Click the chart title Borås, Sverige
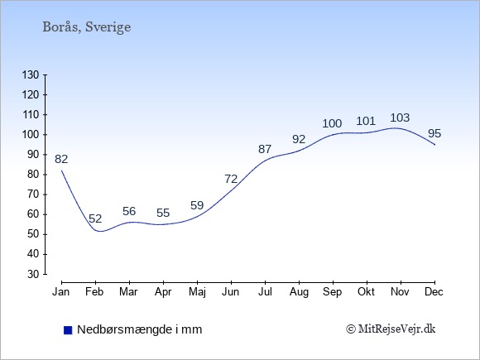pyautogui.click(x=87, y=27)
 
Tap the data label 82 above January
pyautogui.click(x=61, y=159)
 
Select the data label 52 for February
pyautogui.click(x=95, y=218)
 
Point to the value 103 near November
pyautogui.click(x=400, y=118)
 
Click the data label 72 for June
pyautogui.click(x=231, y=179)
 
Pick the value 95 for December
pyautogui.click(x=434, y=133)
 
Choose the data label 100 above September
pyautogui.click(x=332, y=123)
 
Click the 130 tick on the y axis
pyautogui.click(x=31, y=74)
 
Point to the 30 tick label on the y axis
pyautogui.click(x=33, y=274)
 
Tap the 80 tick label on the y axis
pyautogui.click(x=33, y=175)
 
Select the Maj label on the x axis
pyautogui.click(x=197, y=292)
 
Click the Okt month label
pyautogui.click(x=366, y=292)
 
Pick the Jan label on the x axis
pyautogui.click(x=61, y=292)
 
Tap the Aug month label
pyautogui.click(x=299, y=292)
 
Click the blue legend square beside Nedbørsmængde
pyautogui.click(x=68, y=330)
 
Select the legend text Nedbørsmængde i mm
pyautogui.click(x=140, y=329)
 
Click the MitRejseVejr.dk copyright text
pyautogui.click(x=391, y=329)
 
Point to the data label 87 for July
pyautogui.click(x=265, y=150)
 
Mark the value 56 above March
pyautogui.click(x=129, y=211)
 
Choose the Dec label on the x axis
pyautogui.click(x=434, y=292)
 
